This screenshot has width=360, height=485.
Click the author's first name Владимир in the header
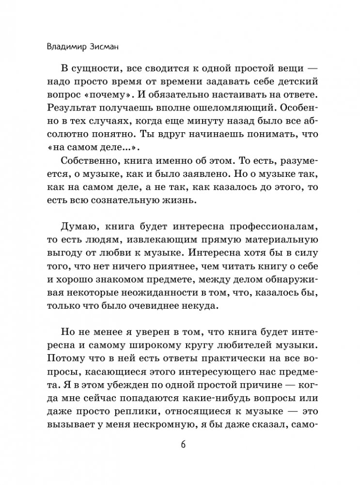(63, 47)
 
